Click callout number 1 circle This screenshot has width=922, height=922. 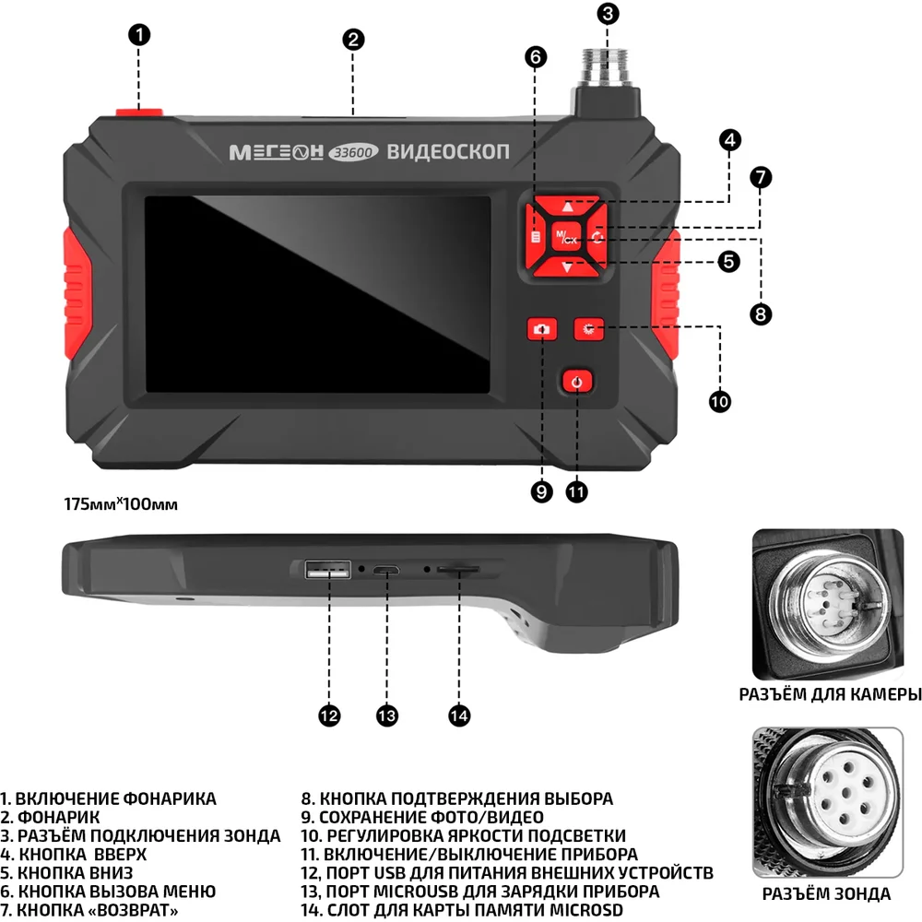coord(138,36)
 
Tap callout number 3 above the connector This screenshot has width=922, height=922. coord(607,14)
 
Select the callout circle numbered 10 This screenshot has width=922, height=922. coord(719,401)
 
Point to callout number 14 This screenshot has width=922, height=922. coord(459,715)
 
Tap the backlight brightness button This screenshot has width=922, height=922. coord(590,328)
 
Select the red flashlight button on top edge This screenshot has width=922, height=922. coord(140,112)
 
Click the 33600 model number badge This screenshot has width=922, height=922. coord(354,153)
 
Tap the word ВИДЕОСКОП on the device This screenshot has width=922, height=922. coord(447,150)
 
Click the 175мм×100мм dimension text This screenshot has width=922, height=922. coord(120,504)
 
